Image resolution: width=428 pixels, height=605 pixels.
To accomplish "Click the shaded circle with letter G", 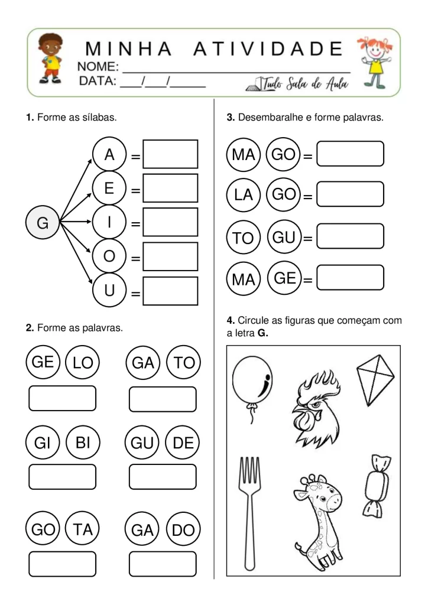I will [43, 223].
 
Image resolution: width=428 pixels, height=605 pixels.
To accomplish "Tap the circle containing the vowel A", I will [109, 155].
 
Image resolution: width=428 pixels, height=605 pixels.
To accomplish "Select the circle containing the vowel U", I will [109, 291].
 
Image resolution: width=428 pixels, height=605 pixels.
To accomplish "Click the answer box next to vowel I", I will [170, 222].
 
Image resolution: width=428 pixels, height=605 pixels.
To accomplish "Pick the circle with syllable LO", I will [83, 363].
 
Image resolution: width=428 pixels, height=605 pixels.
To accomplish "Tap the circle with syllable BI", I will [83, 443].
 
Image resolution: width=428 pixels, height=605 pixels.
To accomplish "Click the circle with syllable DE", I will [183, 443].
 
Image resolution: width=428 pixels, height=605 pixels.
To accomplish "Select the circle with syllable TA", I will [83, 530].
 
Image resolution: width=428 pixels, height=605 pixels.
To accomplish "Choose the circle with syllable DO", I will [183, 530].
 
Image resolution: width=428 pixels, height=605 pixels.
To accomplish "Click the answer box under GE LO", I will [62, 398].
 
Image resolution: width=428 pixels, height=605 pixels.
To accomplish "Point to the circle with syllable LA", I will [243, 194].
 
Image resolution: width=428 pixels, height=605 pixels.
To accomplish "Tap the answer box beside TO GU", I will [351, 236].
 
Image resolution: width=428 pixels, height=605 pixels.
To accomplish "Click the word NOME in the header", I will [98, 66].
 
